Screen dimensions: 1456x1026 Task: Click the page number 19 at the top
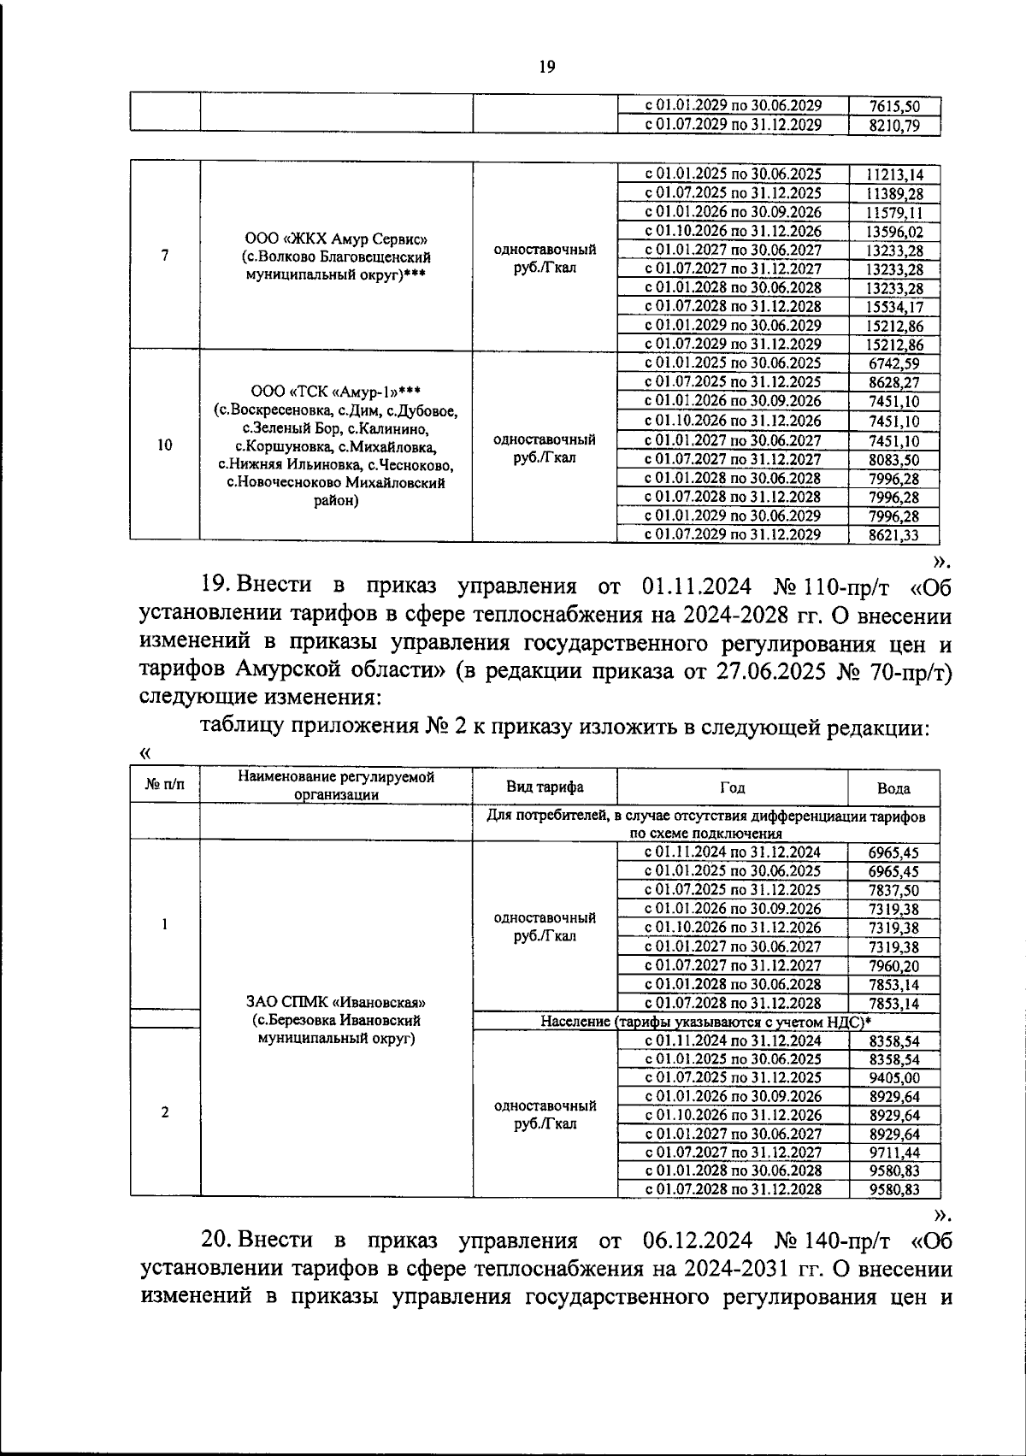pos(547,68)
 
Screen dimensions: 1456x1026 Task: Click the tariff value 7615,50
pos(893,107)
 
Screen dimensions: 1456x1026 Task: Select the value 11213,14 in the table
pos(893,175)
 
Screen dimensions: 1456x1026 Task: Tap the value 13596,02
pos(893,232)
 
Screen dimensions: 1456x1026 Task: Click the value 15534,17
pos(893,307)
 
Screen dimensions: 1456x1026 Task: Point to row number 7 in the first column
pos(164,255)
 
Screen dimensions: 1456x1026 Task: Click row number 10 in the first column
pos(164,445)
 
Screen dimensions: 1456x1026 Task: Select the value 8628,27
pos(893,382)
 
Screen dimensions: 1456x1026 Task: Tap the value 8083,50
pos(893,460)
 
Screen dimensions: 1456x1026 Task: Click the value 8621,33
pos(893,535)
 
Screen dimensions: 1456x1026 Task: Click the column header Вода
pos(893,788)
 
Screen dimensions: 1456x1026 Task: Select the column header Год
pos(732,787)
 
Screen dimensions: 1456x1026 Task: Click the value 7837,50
pos(893,890)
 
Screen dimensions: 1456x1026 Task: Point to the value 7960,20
pos(893,966)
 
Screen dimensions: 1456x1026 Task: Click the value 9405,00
pos(893,1078)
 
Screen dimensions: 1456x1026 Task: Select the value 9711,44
pos(893,1152)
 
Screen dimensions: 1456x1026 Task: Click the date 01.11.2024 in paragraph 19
pos(694,587)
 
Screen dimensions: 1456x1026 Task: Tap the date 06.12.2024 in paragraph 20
pos(694,1240)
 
